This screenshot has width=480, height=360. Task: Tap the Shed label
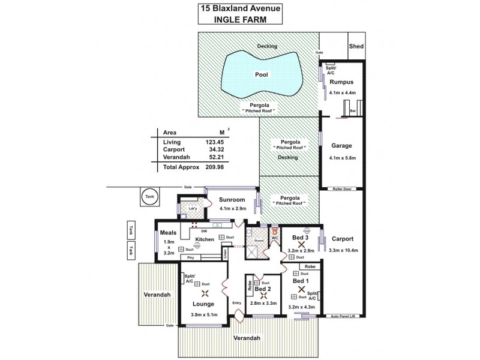pyautogui.click(x=356, y=46)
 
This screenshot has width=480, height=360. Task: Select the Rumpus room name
pyautogui.click(x=341, y=82)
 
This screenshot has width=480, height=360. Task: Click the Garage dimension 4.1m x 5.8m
pyautogui.click(x=342, y=158)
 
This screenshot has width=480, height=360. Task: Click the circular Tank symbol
pyautogui.click(x=148, y=196)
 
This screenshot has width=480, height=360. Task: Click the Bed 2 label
pyautogui.click(x=262, y=289)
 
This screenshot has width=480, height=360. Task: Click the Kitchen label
pyautogui.click(x=205, y=239)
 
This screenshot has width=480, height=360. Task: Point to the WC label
pyautogui.click(x=274, y=238)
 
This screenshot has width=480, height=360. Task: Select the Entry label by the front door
pyautogui.click(x=236, y=303)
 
